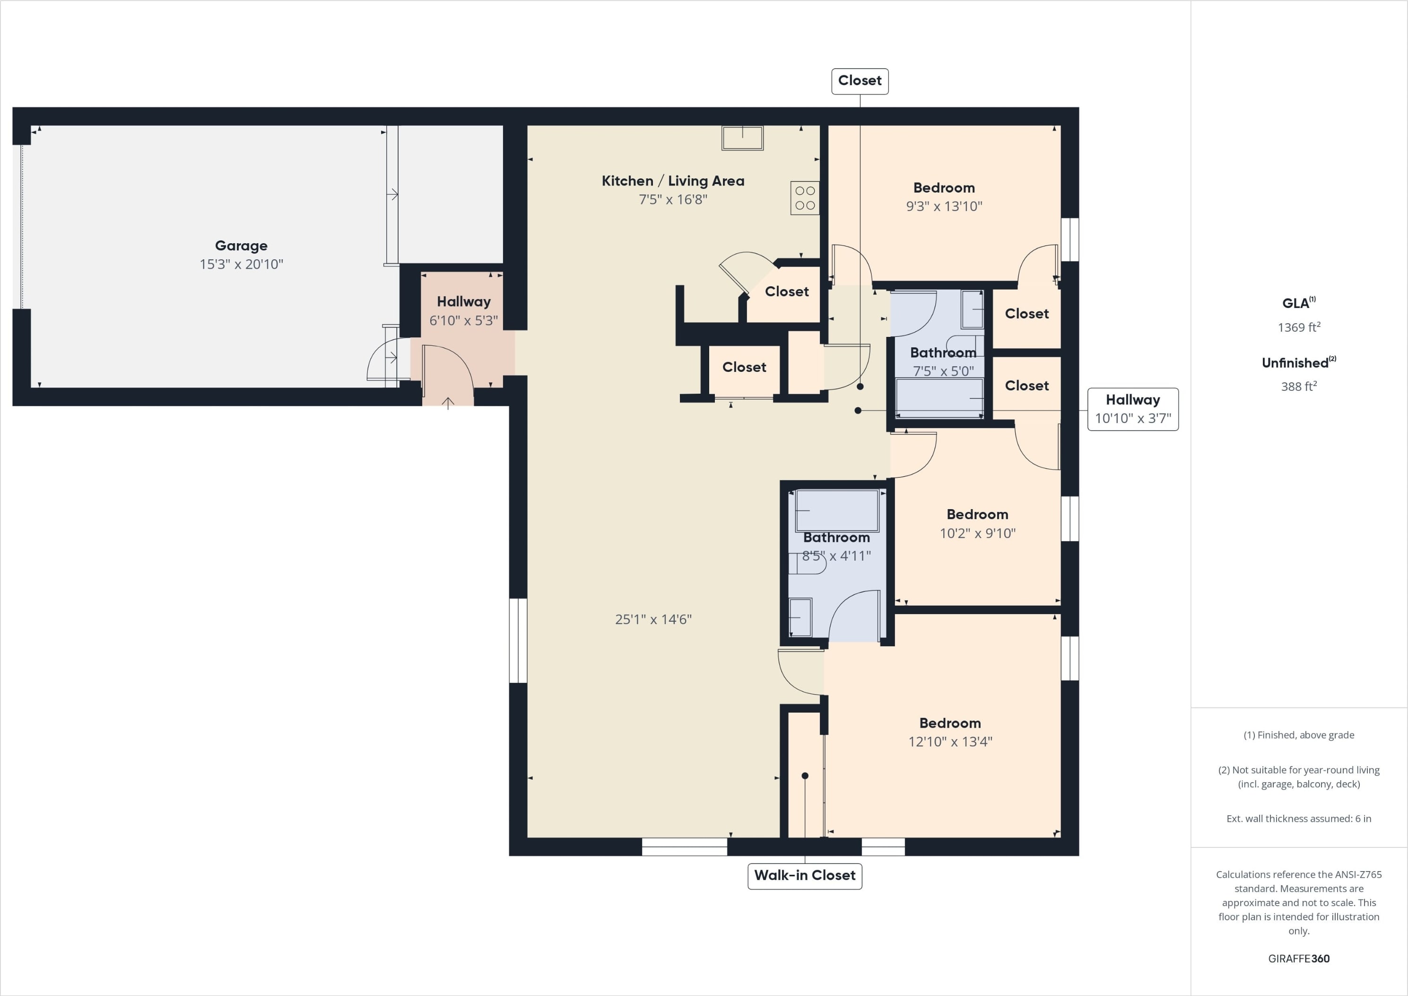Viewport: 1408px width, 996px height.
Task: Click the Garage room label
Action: coord(241,246)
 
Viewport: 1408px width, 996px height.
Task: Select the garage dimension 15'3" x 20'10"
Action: coord(241,264)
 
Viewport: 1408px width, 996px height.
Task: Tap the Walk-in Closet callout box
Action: coord(805,876)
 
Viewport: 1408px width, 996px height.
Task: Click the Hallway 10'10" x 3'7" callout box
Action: coord(1133,409)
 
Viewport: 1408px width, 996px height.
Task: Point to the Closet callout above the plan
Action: coord(860,81)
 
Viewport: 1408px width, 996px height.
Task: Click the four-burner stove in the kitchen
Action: coord(805,198)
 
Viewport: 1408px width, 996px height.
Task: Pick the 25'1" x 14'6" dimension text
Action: coord(653,620)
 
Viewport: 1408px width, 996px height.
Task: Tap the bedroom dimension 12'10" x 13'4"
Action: coord(950,742)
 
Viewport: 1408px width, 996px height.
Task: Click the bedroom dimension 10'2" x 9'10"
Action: coord(977,533)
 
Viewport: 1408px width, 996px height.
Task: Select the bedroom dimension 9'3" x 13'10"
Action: coord(944,206)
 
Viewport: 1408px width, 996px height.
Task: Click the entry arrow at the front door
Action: coord(448,403)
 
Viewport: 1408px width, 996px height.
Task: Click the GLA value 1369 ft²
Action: coord(1299,327)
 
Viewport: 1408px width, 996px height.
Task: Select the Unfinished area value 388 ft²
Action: coord(1299,386)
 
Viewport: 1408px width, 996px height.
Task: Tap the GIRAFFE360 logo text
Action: coord(1299,959)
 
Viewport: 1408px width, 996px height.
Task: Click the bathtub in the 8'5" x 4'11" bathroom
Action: coord(837,511)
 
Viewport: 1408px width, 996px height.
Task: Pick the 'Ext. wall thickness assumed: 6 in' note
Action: coord(1299,819)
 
